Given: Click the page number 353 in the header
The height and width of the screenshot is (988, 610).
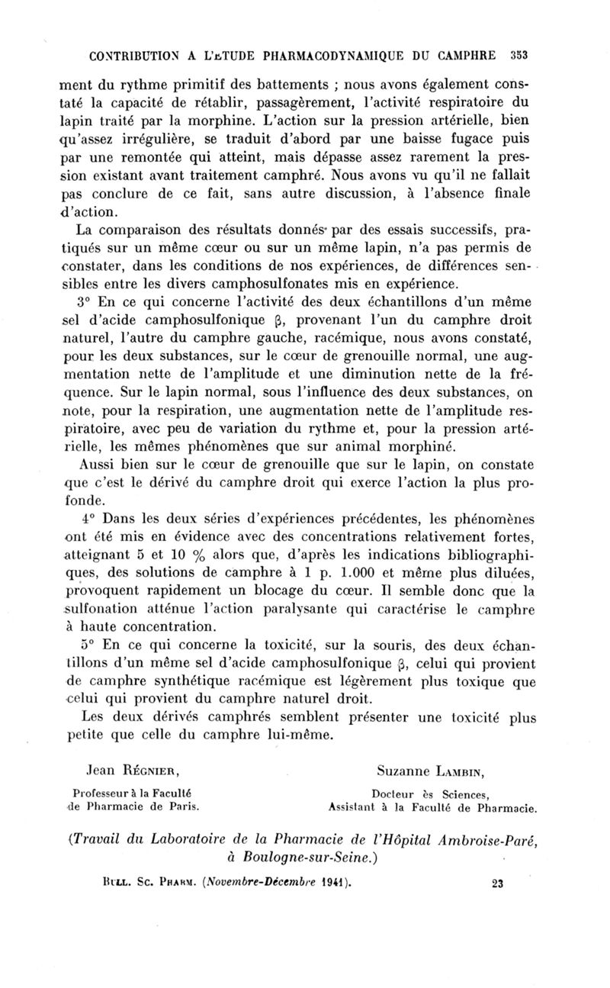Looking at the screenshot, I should click(520, 55).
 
